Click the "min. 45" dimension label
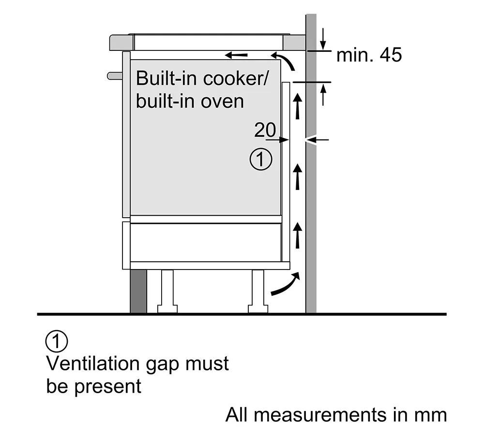pyautogui.click(x=369, y=55)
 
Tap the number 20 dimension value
pyautogui.click(x=265, y=130)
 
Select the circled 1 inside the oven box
pyautogui.click(x=261, y=159)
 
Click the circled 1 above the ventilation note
pyautogui.click(x=56, y=341)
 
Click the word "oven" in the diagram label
pyautogui.click(x=224, y=101)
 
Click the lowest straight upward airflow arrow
pyautogui.click(x=298, y=234)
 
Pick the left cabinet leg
pyautogui.click(x=166, y=291)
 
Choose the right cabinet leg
pyautogui.click(x=257, y=291)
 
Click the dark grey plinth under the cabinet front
pyautogui.click(x=138, y=291)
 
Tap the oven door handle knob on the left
pyautogui.click(x=114, y=75)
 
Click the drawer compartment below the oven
pyautogui.click(x=206, y=242)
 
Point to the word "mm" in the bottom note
pyautogui.click(x=433, y=415)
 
